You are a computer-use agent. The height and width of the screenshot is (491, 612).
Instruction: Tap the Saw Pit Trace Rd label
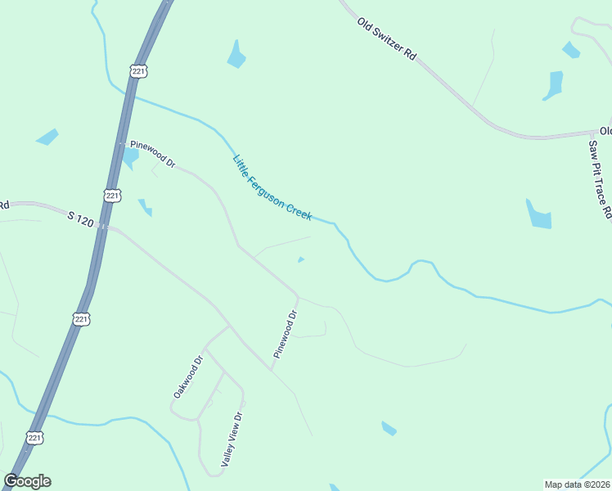tap(600, 180)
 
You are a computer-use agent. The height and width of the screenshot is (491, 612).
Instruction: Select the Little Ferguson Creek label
tap(272, 187)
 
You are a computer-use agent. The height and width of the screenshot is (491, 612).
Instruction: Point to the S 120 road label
tap(81, 219)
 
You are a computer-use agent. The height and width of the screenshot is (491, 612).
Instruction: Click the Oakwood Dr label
tap(187, 376)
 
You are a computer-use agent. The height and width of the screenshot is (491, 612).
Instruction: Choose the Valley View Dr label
tap(232, 439)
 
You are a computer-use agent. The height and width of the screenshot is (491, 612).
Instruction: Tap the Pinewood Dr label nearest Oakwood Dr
tap(286, 334)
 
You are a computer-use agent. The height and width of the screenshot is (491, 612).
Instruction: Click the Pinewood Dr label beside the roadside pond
tap(153, 152)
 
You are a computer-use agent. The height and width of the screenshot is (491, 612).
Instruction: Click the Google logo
tap(27, 481)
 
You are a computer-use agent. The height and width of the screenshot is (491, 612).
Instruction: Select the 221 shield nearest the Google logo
tap(35, 439)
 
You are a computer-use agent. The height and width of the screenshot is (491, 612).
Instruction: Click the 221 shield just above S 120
tap(112, 195)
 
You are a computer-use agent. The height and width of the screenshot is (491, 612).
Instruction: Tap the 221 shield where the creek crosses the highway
tap(138, 72)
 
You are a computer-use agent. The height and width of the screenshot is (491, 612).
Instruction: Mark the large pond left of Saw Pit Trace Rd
tap(539, 214)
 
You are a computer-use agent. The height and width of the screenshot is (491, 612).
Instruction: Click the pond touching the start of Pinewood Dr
tap(130, 156)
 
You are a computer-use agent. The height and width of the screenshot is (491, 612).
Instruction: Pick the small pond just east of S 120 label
tap(146, 207)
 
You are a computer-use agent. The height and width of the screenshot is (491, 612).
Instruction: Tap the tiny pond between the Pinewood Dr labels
tap(301, 260)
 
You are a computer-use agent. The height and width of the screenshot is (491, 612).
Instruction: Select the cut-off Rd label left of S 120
tap(4, 205)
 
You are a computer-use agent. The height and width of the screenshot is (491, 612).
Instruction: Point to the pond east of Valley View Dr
tap(389, 428)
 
